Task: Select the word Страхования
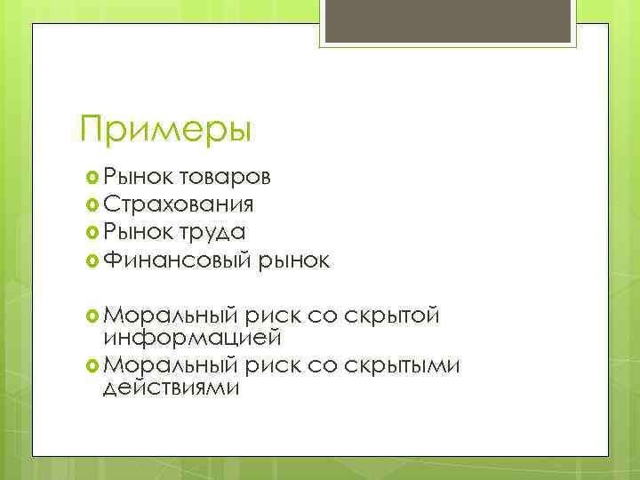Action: [x=178, y=204]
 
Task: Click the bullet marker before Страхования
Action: [x=91, y=204]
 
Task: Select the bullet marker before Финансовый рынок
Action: [x=91, y=260]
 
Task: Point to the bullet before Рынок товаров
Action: [x=91, y=177]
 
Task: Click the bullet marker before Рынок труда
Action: [x=91, y=232]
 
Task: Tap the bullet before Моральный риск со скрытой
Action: [x=91, y=315]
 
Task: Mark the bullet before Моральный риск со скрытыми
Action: [x=91, y=365]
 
